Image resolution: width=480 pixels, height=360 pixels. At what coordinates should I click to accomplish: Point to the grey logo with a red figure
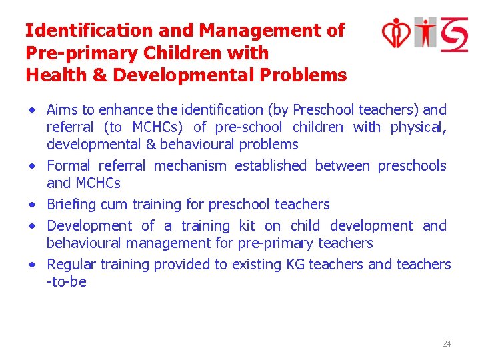425,33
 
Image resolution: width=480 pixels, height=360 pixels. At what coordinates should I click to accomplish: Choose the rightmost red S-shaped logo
453,33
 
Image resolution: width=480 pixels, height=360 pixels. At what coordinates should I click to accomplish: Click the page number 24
446,344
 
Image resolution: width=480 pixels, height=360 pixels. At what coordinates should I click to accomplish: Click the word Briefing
71,205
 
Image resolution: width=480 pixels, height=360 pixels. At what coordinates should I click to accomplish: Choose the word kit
247,226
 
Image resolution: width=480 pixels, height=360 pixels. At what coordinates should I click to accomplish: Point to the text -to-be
67,282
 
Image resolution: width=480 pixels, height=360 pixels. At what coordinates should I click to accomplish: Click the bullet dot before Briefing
33,205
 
